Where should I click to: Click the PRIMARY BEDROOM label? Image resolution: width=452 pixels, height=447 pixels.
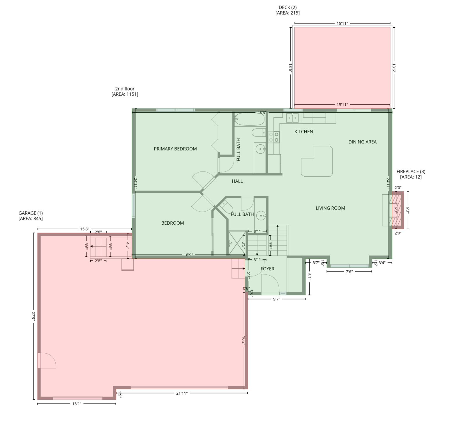click(175, 149)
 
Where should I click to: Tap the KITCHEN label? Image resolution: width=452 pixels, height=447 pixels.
click(303, 132)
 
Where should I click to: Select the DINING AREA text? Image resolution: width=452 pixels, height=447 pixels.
click(362, 142)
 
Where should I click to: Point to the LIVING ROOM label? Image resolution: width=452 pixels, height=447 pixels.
click(330, 208)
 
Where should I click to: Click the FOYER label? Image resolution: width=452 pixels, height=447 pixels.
click(267, 269)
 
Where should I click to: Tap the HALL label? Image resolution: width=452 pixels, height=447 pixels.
click(237, 181)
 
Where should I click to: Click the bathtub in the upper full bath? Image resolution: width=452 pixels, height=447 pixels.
click(250, 119)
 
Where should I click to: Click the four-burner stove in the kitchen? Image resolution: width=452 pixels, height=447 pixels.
click(274, 137)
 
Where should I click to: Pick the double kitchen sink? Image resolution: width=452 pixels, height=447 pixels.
click(292, 118)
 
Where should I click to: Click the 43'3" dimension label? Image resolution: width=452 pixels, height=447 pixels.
click(262, 113)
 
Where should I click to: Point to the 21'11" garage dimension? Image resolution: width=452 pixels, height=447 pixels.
click(182, 393)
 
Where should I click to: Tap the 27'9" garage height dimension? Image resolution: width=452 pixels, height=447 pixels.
click(33, 316)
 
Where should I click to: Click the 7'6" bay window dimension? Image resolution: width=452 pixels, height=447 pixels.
click(349, 272)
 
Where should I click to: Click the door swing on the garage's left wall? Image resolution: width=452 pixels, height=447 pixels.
click(47, 361)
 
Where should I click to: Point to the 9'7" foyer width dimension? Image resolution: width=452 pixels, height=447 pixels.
click(276, 299)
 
